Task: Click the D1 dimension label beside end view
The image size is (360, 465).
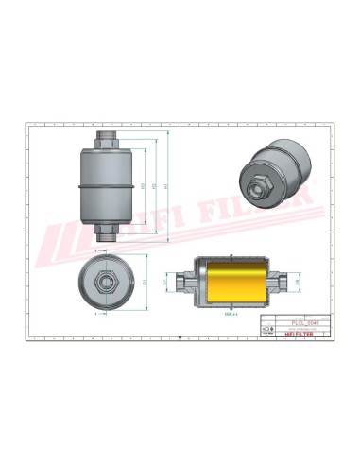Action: (144, 281)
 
